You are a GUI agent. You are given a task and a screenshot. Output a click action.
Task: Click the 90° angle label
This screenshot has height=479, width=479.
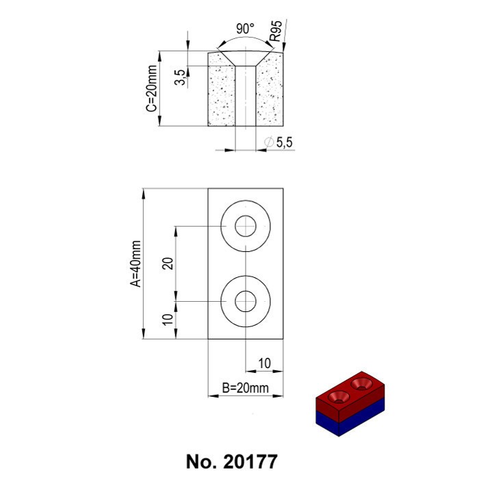pos(244,29)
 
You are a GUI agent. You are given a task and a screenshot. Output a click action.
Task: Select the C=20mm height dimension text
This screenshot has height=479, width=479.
pos(152,88)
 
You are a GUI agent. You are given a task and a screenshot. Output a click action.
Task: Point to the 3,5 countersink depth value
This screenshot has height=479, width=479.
pos(179,77)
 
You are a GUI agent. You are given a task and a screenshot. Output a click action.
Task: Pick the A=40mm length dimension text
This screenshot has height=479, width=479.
pos(136,263)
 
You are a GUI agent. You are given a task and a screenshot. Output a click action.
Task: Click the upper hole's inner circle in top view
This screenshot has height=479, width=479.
pos(246,226)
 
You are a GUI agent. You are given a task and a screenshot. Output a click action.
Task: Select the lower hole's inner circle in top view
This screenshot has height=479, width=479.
pos(246,300)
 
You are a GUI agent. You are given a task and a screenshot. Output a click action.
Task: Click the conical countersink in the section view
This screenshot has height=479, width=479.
pos(245,58)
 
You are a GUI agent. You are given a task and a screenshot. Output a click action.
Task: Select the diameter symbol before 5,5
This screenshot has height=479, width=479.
pos(268,142)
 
